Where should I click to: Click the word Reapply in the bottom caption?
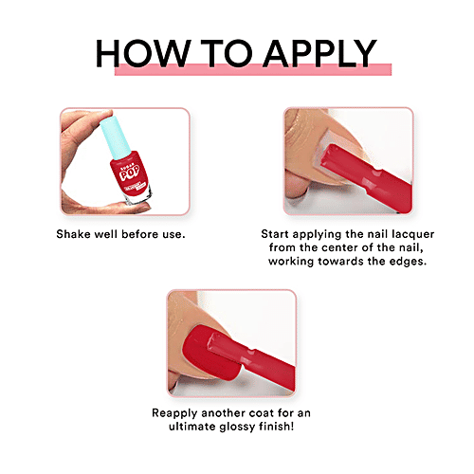pos(179,413)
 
